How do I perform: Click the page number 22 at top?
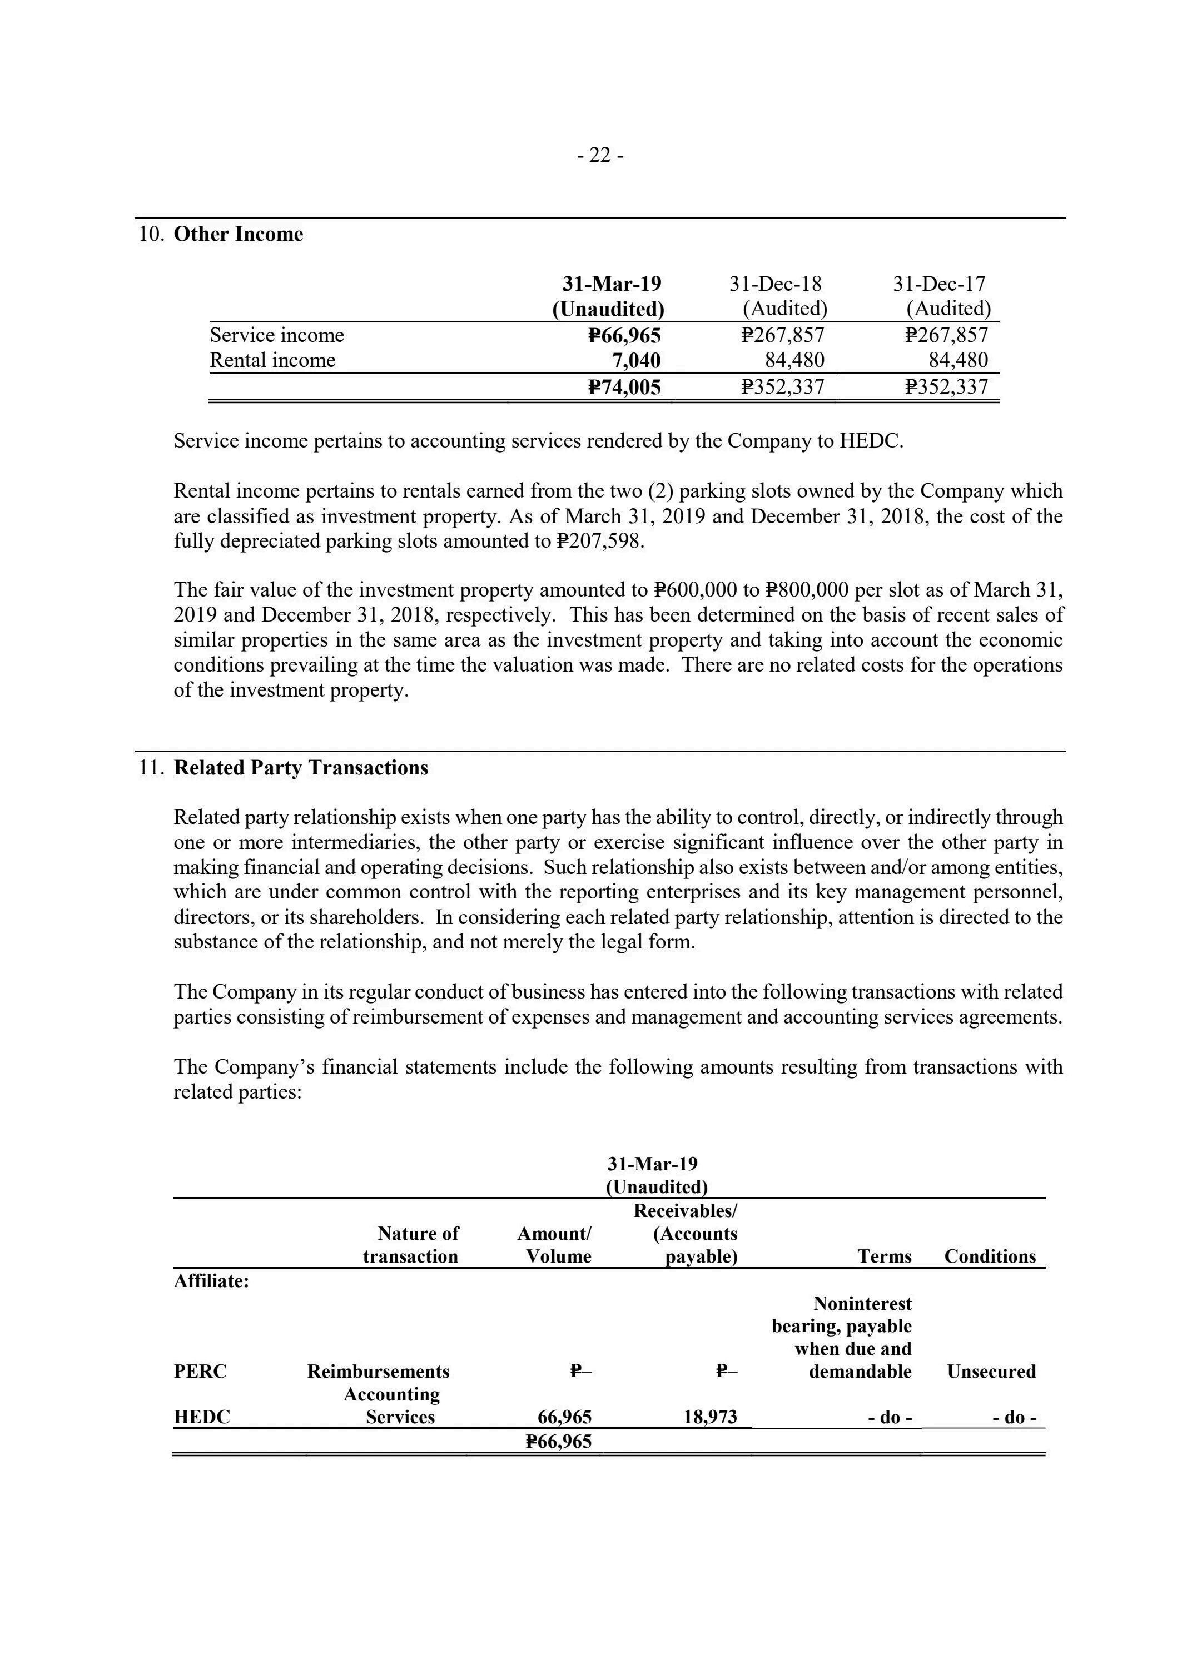pyautogui.click(x=599, y=155)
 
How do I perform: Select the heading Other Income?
pyautogui.click(x=239, y=234)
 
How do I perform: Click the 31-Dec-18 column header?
pyautogui.click(x=776, y=284)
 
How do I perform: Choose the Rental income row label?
pyautogui.click(x=272, y=360)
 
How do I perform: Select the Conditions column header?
pyautogui.click(x=990, y=1256)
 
